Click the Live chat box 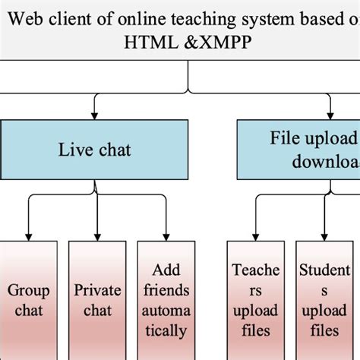point(94,149)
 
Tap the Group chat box point(29,300)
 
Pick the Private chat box point(98,300)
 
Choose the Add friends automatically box point(166,300)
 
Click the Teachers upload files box point(256,300)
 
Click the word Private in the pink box point(98,290)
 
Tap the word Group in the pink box point(29,290)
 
